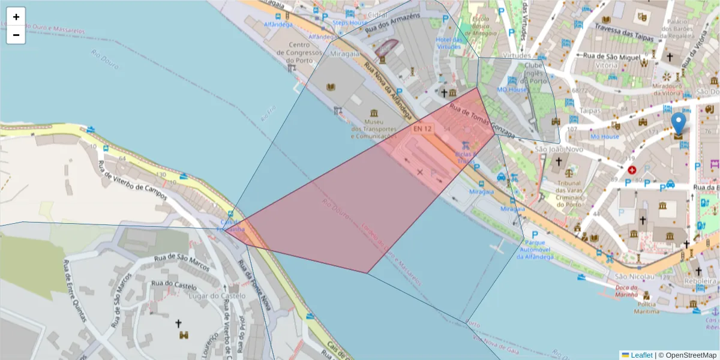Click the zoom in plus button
tap(16, 17)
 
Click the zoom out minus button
tap(16, 35)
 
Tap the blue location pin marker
tap(678, 123)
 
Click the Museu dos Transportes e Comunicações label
tap(374, 129)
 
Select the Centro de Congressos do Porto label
tap(299, 52)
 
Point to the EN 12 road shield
tap(422, 128)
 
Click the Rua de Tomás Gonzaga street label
tap(482, 120)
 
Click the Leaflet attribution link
tap(641, 355)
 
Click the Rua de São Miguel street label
tap(608, 56)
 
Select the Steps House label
tap(350, 23)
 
